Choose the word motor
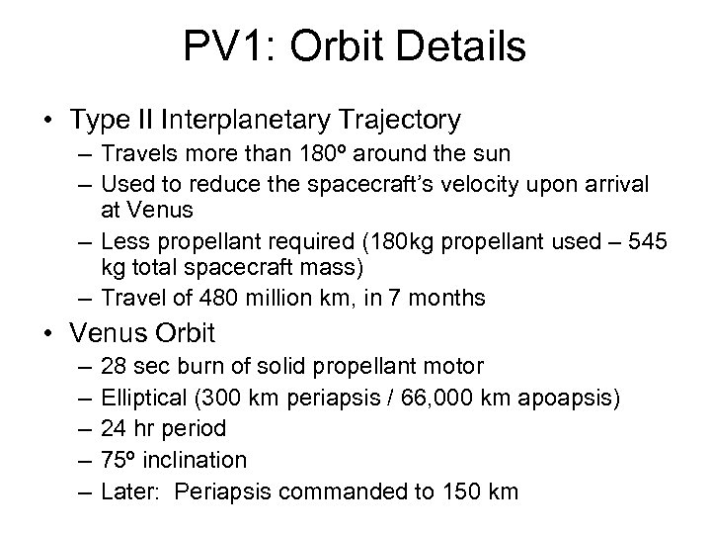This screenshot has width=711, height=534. [x=455, y=367]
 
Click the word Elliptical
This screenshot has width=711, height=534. [x=141, y=398]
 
